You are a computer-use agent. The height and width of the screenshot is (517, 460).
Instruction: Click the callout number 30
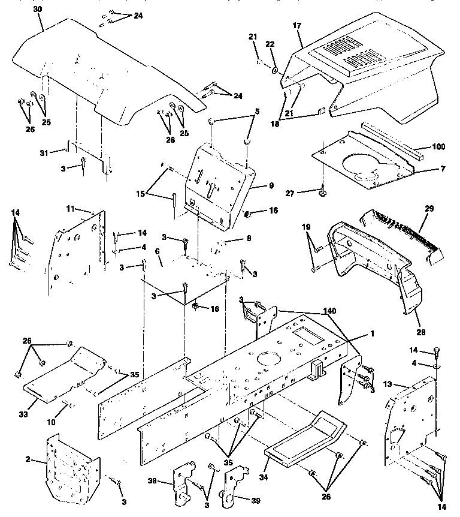coord(38,10)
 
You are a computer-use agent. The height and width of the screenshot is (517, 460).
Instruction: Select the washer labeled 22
coord(273,71)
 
